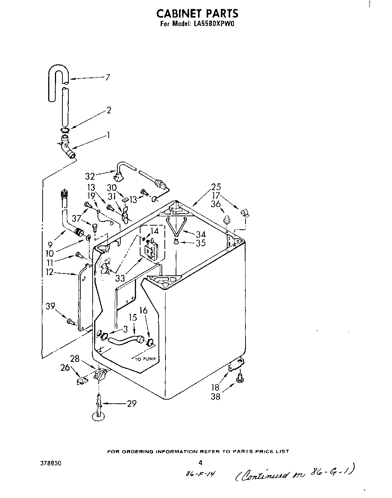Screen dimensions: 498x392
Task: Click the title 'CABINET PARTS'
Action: tap(197, 13)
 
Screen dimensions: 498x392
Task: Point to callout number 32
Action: tap(90, 176)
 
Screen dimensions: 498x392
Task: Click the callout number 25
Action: tap(216, 187)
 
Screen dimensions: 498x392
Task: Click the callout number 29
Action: tap(132, 403)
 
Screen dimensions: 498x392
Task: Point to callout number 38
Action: tap(216, 397)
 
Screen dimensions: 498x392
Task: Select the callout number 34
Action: tap(201, 234)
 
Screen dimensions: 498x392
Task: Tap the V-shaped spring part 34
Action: tap(176, 224)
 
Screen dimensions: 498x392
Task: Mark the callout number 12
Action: tap(49, 272)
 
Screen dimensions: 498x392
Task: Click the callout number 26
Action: tap(66, 368)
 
